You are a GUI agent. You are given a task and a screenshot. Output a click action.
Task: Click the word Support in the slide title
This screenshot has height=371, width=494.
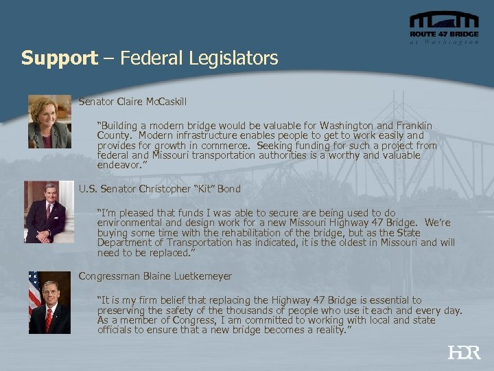pos(59,58)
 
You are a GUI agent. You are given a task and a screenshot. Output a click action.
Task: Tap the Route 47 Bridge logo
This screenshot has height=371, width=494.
pos(444,28)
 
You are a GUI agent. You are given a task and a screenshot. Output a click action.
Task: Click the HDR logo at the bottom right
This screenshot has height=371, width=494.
pos(464,352)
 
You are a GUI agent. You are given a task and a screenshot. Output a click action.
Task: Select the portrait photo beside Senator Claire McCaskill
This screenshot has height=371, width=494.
pos(50,122)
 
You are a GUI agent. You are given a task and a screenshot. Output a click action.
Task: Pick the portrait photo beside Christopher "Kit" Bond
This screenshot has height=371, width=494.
pos(49,212)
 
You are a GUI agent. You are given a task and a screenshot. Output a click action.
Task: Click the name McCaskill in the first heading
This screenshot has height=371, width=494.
pos(165,102)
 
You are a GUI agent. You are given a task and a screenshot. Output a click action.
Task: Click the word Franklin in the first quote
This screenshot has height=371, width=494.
pos(411,126)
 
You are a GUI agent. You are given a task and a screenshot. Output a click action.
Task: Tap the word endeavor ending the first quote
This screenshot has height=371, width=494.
pos(121,166)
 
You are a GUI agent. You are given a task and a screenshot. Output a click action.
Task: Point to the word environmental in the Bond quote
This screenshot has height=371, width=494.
pos(135,223)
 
